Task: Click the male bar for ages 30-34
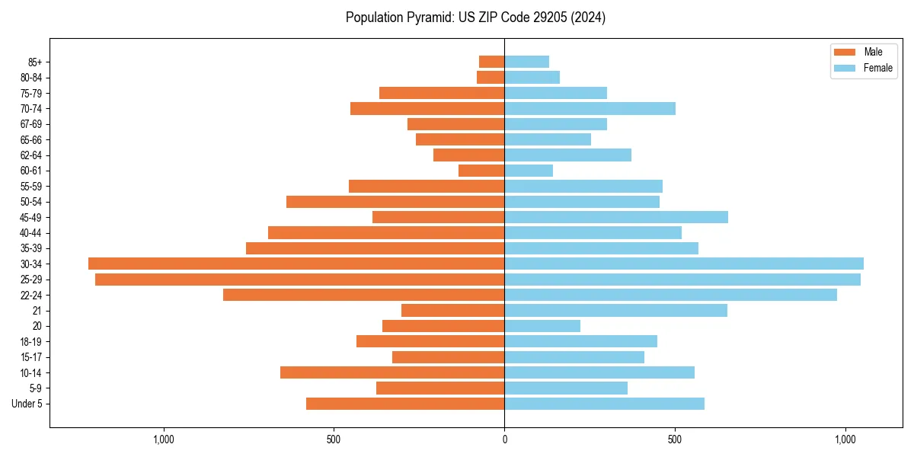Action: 296,264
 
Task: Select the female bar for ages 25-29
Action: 682,280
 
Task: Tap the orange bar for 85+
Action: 491,62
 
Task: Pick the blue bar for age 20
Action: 542,326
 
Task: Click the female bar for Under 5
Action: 604,404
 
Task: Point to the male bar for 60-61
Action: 481,171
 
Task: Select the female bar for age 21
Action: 615,310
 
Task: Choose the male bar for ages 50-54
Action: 395,202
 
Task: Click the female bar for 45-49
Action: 616,217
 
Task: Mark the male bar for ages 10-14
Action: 392,372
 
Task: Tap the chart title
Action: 475,18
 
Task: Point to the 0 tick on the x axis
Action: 504,439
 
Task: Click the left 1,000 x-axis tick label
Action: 164,439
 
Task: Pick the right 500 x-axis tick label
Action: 674,439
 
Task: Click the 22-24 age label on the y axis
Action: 31,295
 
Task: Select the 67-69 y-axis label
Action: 31,124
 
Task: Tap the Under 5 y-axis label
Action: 27,404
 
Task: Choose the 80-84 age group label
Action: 31,78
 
